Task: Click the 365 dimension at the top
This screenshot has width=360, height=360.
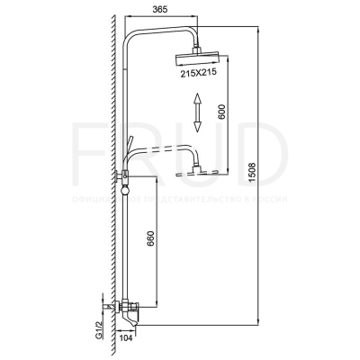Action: point(162,8)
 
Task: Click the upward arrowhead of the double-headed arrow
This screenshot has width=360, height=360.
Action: point(195,102)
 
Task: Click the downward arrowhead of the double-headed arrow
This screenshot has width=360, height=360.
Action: point(195,132)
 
